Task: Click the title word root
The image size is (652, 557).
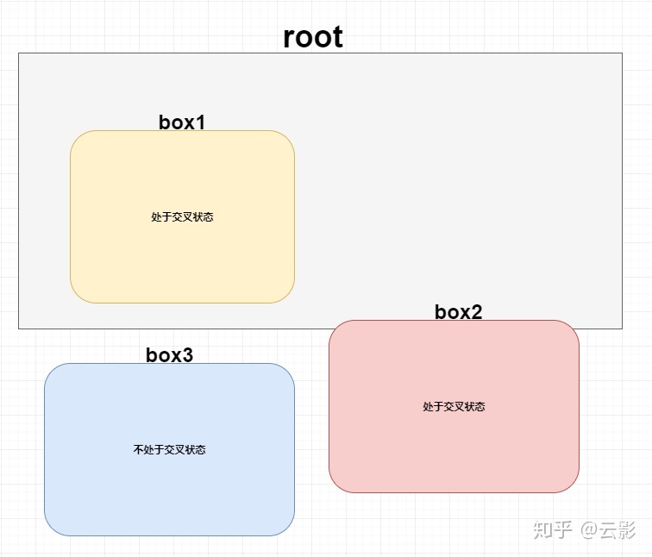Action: click(313, 37)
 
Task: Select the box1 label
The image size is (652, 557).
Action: click(182, 122)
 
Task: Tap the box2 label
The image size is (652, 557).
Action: click(458, 312)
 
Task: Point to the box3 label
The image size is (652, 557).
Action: click(169, 355)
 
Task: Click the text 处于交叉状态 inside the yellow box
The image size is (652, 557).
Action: click(182, 217)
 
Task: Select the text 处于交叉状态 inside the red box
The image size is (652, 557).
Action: click(454, 407)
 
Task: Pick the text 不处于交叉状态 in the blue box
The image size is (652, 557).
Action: click(169, 450)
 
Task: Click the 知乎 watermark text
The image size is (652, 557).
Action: click(552, 529)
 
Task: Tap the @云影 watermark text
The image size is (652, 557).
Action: click(608, 529)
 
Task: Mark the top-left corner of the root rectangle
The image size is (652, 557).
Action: click(19, 53)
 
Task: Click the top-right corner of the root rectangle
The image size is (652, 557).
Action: click(622, 53)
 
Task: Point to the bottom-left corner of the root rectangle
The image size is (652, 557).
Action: click(19, 329)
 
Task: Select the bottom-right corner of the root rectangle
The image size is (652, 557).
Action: click(622, 329)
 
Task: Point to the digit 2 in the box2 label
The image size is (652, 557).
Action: click(476, 312)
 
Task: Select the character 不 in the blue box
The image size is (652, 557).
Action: click(138, 450)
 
